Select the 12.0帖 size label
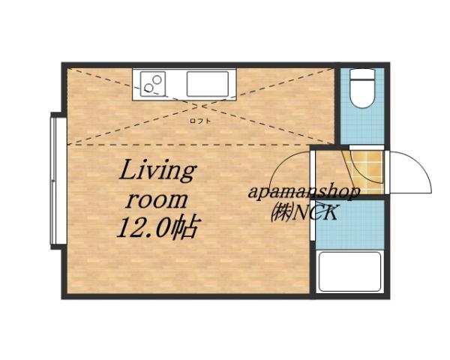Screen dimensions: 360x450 (x=156, y=227)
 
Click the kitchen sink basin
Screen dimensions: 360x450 (x=209, y=83)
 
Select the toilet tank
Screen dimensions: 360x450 (x=362, y=76)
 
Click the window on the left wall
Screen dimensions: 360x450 (x=54, y=180)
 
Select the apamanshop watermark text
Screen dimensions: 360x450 (x=304, y=192)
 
